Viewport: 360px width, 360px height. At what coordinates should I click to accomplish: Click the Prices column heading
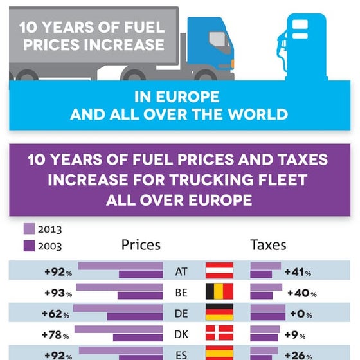(141, 245)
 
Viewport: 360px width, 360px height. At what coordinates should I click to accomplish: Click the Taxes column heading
(268, 245)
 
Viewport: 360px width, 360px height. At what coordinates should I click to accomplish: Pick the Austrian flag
(219, 271)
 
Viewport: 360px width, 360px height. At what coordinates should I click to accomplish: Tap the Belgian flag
(219, 292)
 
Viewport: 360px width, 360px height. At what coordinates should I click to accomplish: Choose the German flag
(219, 313)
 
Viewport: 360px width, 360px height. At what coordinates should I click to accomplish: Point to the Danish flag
(219, 334)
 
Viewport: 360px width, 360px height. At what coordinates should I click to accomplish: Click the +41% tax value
(298, 272)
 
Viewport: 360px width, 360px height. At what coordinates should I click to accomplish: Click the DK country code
(181, 335)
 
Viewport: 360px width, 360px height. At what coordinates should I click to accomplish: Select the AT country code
(181, 272)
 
